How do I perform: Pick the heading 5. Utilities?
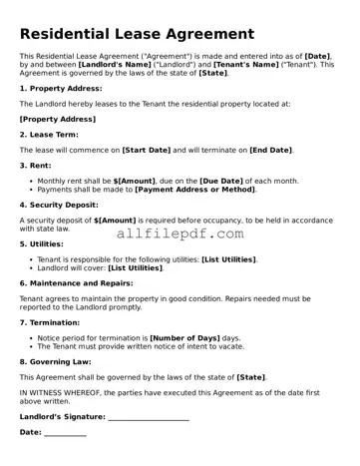46,242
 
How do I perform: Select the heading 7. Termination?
55,322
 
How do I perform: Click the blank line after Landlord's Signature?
148,417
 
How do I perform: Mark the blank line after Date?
65,433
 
